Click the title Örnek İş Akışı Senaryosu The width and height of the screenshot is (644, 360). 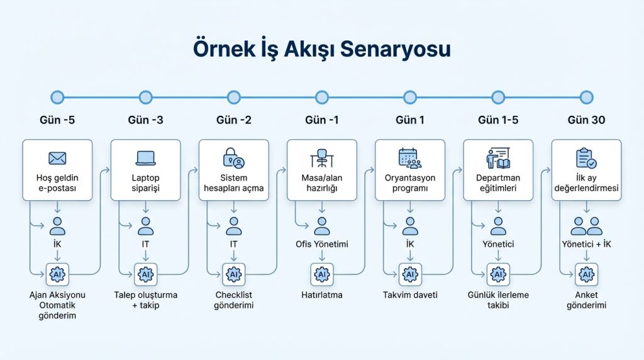click(321, 49)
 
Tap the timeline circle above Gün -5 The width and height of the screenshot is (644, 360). click(57, 97)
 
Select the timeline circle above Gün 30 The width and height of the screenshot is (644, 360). click(586, 97)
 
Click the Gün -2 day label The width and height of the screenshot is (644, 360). click(233, 120)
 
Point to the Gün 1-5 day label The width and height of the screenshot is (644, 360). click(498, 120)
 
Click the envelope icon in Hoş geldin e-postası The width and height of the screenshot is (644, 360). click(57, 158)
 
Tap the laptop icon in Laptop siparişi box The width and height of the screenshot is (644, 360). click(145, 158)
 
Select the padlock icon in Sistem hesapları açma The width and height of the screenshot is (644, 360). click(233, 158)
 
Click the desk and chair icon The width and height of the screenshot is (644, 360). click(321, 158)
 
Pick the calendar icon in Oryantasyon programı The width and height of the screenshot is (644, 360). click(410, 158)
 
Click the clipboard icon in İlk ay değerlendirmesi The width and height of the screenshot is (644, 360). click(586, 158)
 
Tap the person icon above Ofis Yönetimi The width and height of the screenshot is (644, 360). click(321, 226)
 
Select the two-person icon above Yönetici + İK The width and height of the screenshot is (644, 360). click(586, 226)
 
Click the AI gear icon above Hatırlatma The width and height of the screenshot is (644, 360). click(321, 274)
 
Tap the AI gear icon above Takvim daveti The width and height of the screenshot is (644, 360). click(410, 274)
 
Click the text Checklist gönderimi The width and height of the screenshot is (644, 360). click(233, 300)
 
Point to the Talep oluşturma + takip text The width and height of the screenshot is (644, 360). click(145, 300)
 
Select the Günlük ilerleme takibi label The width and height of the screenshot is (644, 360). click(498, 300)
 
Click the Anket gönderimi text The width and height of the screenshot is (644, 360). click(586, 300)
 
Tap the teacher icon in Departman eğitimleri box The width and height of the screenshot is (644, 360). click(498, 158)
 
